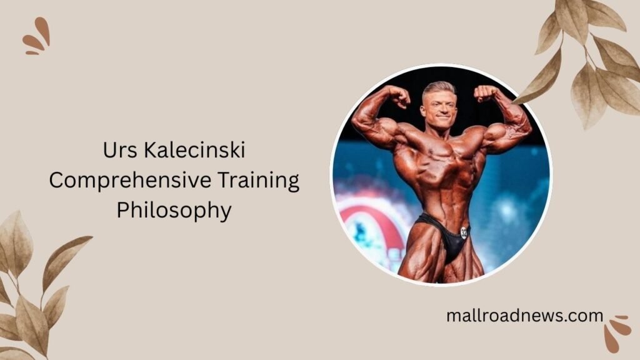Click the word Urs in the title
pos(116,151)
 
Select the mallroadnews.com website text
pos(524,316)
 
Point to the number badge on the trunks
pos(464,231)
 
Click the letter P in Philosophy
pos(122,211)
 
